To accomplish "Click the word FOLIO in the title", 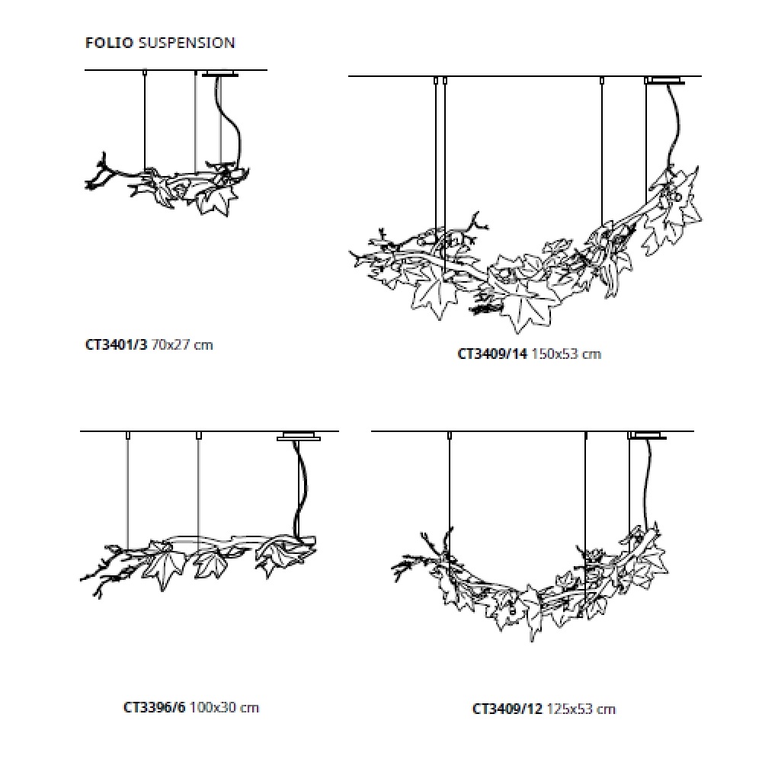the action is point(109,43).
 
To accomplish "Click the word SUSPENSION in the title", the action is point(187,43).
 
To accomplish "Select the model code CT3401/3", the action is point(116,344).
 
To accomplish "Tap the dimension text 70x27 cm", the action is point(182,344).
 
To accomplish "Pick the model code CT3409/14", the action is point(492,354).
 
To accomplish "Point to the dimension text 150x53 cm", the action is point(567,354).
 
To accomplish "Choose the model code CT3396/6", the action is point(155,707).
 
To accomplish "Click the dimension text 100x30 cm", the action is point(224,707).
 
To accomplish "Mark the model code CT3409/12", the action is point(507,709).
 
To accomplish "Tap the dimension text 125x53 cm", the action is point(581,709).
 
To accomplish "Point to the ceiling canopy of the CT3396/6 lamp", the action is point(299,436).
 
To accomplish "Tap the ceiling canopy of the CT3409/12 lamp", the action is point(648,435).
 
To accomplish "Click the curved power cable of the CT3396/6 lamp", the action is point(300,486).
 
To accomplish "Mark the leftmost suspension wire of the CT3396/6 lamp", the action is point(127,491).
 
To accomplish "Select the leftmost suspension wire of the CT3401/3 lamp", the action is point(144,120).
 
